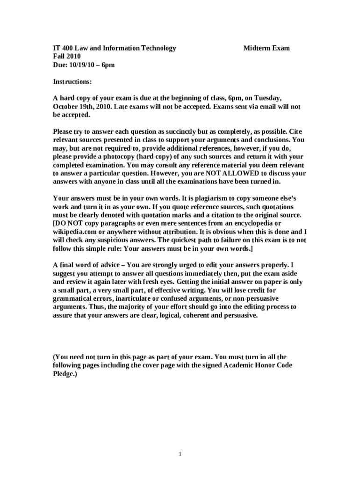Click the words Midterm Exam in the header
coord(266,48)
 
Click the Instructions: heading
coord(72,82)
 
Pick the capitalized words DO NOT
coord(69,223)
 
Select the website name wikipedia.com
coord(76,232)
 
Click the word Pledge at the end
coord(64,374)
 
